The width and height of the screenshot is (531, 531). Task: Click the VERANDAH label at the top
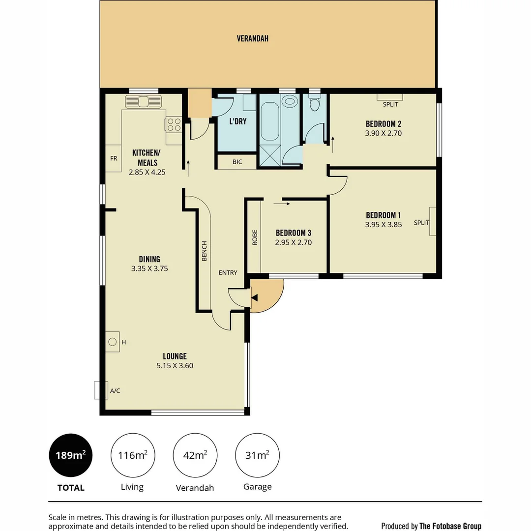pos(252,38)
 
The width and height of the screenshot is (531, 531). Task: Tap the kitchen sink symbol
pos(144,102)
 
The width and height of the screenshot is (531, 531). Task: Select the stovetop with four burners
pos(174,125)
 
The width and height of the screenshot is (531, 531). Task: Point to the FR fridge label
pos(113,159)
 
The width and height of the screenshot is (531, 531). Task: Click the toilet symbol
pos(315,104)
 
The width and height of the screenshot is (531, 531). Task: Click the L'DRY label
pos(238,121)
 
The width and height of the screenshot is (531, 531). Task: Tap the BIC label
pos(237,161)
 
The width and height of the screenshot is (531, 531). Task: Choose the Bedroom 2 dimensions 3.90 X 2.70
pos(383,133)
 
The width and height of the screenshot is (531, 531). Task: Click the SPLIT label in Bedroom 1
pos(421,223)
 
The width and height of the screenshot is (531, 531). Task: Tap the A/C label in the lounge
pos(115,391)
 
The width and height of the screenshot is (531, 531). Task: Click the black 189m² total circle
pos(70,455)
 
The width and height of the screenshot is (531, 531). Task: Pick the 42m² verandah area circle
pos(195,455)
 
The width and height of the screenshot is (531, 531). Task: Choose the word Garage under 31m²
pos(257,487)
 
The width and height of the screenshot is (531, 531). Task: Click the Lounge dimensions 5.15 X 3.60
pos(175,366)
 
